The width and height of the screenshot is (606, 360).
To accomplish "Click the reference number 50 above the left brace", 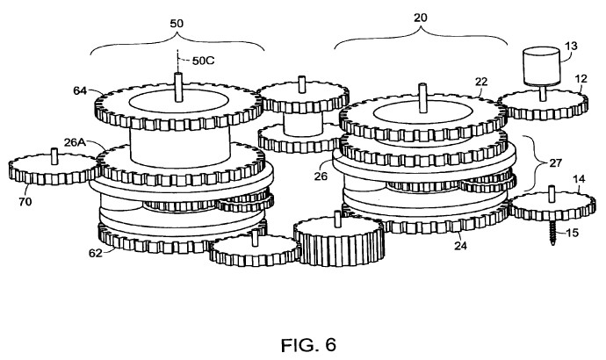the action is [177, 23].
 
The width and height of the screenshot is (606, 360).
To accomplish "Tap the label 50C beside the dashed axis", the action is [203, 61].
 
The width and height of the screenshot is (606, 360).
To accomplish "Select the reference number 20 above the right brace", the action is [421, 18].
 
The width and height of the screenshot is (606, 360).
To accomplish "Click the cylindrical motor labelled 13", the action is [541, 66].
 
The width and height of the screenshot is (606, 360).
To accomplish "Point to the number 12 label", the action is [581, 79].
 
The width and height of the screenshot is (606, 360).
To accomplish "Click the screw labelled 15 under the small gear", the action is [552, 234].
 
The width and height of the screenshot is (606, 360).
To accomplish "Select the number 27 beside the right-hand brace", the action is [555, 163].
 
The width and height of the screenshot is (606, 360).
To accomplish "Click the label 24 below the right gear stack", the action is [460, 245].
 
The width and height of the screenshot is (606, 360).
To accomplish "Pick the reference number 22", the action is [481, 82].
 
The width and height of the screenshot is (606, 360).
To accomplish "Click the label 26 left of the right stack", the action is [321, 176].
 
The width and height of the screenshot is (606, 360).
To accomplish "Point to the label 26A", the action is [75, 142].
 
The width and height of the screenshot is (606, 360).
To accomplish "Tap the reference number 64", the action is [80, 90].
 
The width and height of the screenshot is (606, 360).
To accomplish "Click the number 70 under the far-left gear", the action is [25, 201].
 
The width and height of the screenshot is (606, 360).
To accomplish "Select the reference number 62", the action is [96, 254].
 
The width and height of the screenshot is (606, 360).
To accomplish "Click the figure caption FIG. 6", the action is [308, 345].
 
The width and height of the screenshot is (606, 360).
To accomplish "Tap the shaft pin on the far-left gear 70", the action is [54, 156].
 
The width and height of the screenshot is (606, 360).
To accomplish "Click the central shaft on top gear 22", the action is [422, 98].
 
